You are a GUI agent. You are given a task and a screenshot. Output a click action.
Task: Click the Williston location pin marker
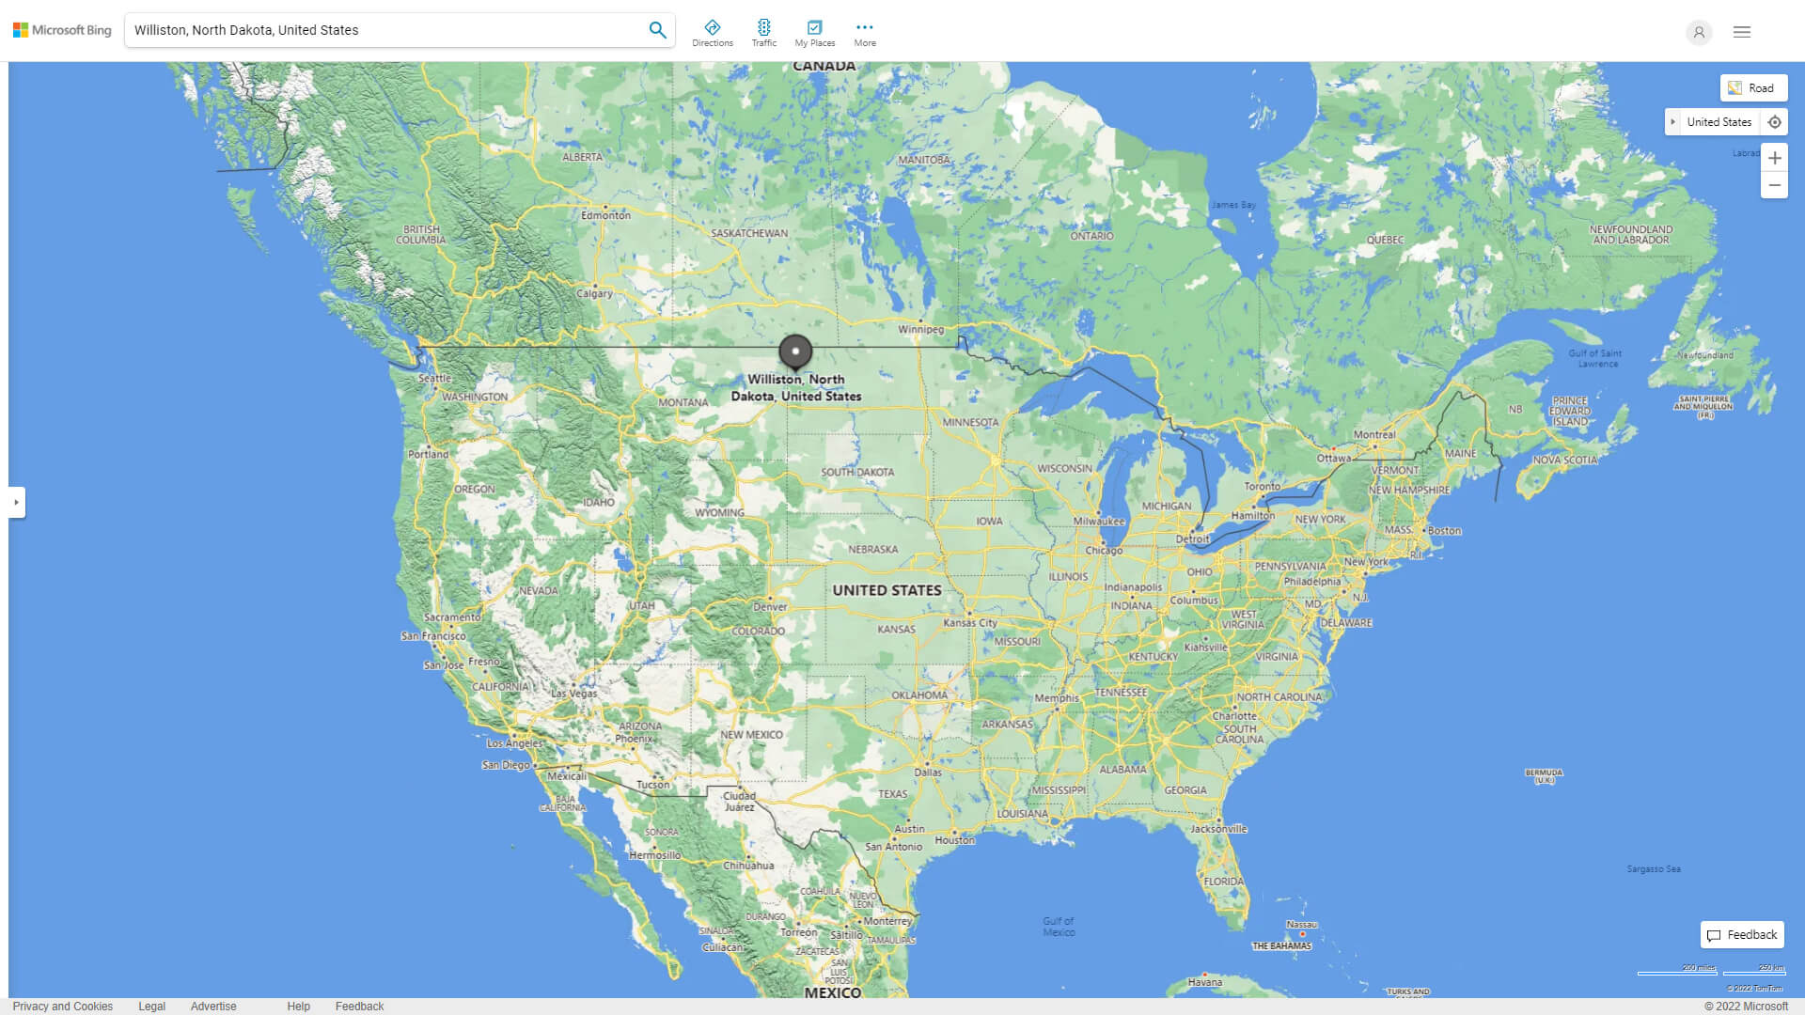[x=795, y=352]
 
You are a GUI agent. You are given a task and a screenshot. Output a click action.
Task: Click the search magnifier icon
[x=657, y=30]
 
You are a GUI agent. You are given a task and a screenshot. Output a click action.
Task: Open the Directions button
[x=713, y=33]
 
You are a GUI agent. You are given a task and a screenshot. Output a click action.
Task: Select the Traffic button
[x=764, y=33]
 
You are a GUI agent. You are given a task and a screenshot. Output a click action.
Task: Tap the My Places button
[x=814, y=33]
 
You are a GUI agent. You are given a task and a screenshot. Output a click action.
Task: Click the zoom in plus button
[x=1774, y=158]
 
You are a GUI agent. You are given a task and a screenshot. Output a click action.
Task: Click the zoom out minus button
[x=1774, y=185]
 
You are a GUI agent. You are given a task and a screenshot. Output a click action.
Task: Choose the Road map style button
[x=1753, y=88]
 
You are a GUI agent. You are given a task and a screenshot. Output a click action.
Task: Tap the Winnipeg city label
[x=920, y=330]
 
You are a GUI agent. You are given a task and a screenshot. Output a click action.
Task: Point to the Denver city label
[x=770, y=607]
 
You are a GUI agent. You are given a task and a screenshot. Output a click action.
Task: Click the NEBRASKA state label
[x=872, y=550]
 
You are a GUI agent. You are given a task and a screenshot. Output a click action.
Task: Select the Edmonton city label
[x=605, y=215]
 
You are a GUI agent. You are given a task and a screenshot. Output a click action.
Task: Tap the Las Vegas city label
[x=573, y=694]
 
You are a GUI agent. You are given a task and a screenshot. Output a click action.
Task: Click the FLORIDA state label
[x=1223, y=882]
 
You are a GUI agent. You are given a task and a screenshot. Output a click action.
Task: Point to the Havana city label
[x=1204, y=982]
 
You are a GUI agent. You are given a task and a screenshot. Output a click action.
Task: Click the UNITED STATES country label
[x=887, y=590]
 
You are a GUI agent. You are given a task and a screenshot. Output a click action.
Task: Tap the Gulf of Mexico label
[x=1059, y=927]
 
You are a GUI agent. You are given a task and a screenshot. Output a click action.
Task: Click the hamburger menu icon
[x=1742, y=32]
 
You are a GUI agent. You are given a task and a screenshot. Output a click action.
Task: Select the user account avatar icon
[x=1699, y=32]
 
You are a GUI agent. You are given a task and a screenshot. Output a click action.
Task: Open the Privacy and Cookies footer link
[x=63, y=1007]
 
